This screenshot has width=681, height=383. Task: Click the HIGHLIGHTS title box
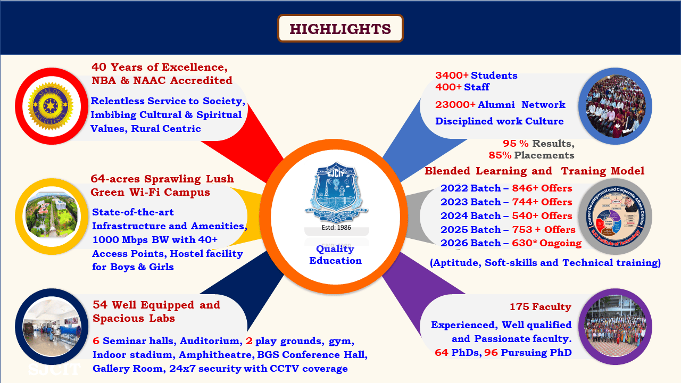pos(340,28)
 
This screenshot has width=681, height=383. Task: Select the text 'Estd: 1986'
pos(336,227)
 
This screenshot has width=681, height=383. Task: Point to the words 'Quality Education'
pos(335,255)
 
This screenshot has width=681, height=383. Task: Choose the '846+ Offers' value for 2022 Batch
pos(542,188)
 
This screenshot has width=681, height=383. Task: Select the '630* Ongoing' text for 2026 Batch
pos(546,243)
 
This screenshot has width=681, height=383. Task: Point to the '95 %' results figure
pos(516,144)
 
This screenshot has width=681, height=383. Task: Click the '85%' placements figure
pos(500,155)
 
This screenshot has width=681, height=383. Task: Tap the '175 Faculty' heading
pos(540,307)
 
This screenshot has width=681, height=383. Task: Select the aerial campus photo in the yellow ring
pos(51,216)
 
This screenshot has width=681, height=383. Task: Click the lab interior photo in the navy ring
pos(51,326)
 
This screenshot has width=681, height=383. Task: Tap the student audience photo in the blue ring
pos(615,106)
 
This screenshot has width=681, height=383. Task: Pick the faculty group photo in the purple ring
pos(615,326)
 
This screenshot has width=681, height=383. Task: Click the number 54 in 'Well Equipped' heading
pos(99,305)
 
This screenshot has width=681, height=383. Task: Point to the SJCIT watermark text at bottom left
pos(54,369)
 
